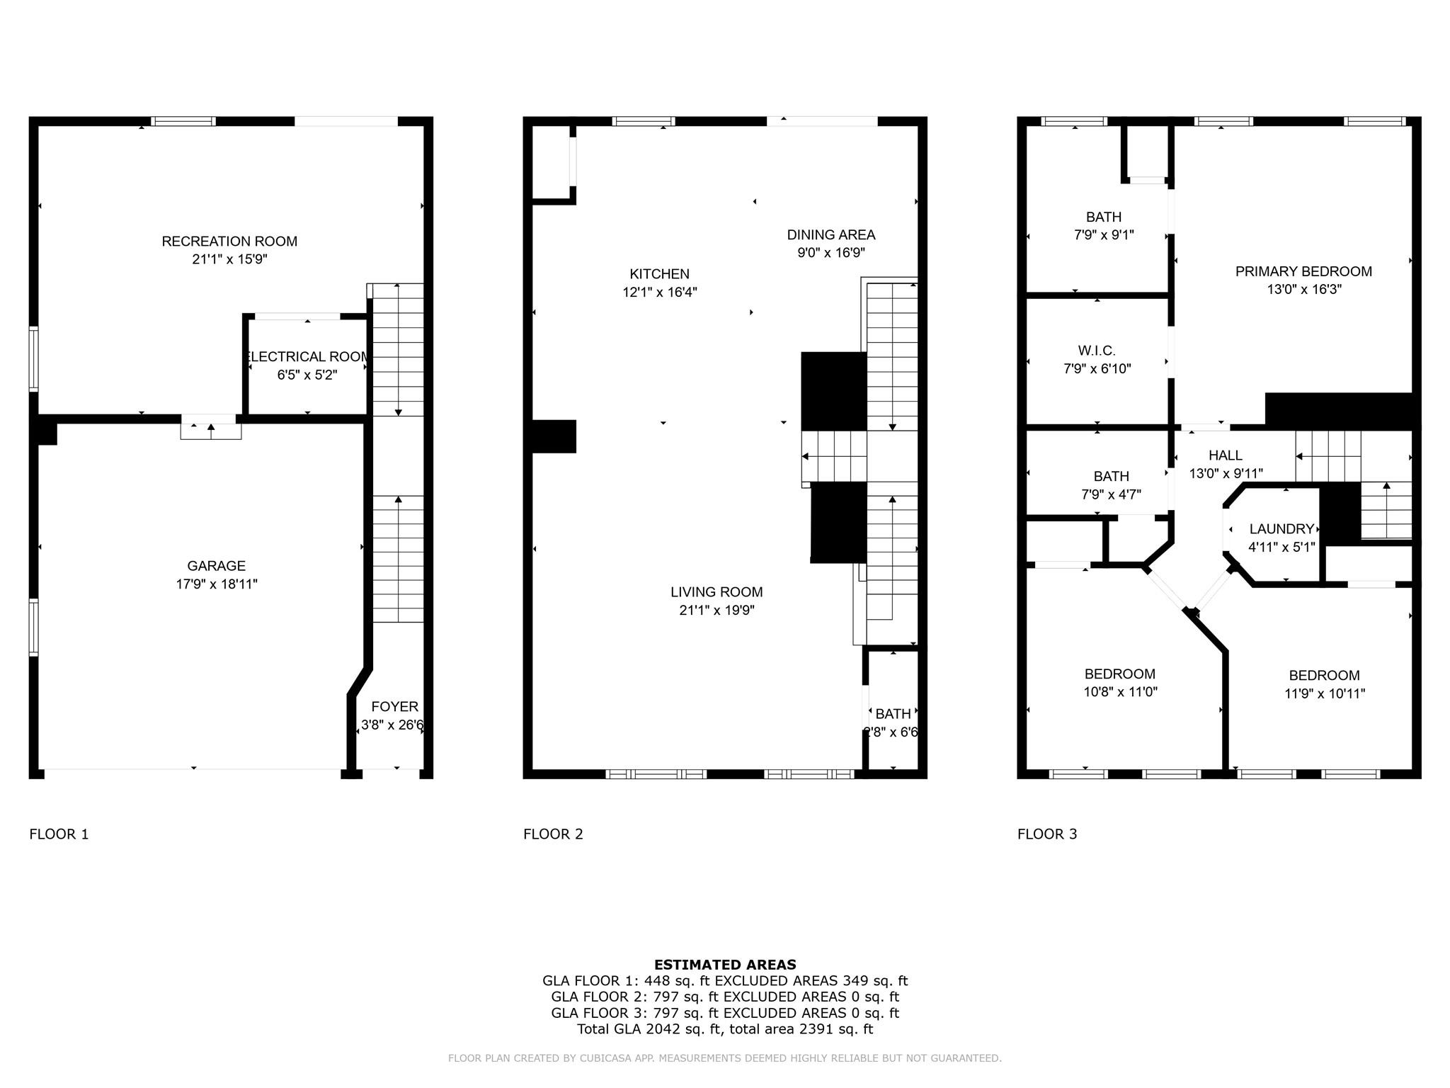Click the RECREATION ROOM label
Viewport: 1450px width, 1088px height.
coord(229,242)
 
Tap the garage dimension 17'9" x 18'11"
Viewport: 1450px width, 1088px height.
coord(217,584)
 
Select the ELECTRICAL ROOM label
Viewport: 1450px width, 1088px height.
coord(307,357)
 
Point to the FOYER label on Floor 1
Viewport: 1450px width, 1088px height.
coord(394,707)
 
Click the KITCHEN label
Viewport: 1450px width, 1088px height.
coord(659,274)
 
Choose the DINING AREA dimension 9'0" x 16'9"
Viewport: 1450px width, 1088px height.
coord(830,253)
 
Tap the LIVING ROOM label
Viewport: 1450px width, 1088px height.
coord(717,592)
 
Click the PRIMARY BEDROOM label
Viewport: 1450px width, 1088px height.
coord(1303,271)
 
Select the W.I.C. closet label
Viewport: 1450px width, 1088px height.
coord(1097,351)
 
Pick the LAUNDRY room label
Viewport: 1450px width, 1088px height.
coord(1281,529)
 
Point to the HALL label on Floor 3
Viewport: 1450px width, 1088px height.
coord(1225,455)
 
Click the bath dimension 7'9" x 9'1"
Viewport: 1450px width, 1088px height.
coord(1104,235)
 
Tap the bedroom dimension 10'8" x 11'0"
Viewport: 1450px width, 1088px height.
coord(1120,692)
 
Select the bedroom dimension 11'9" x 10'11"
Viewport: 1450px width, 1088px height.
coord(1324,694)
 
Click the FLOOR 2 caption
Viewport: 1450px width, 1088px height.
coord(553,834)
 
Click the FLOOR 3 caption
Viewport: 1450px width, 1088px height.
coord(1047,834)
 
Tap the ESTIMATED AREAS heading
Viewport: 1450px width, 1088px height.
coord(725,965)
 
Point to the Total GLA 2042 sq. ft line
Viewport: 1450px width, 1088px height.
coord(725,1029)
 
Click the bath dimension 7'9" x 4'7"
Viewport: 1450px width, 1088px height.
coord(1111,495)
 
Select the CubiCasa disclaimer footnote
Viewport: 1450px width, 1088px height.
coord(725,1058)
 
